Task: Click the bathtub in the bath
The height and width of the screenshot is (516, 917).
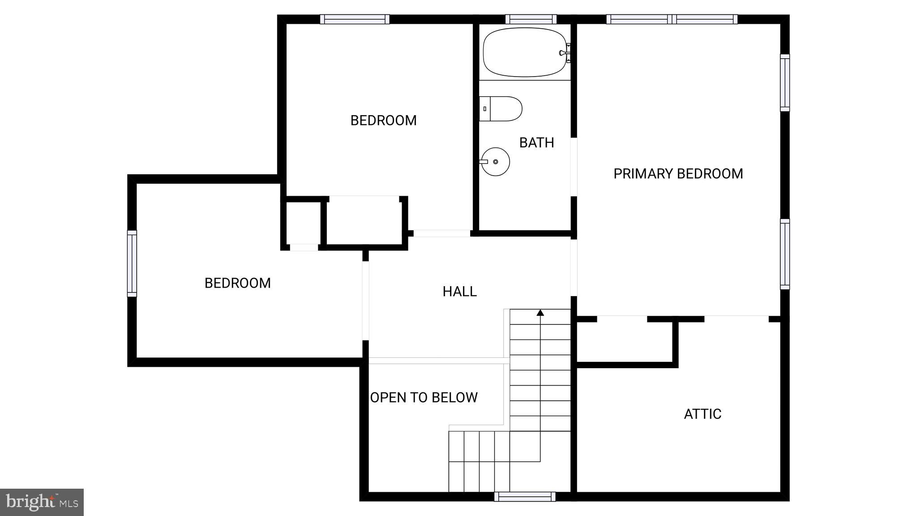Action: pos(524,52)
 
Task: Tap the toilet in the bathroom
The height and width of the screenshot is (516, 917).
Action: pos(501,109)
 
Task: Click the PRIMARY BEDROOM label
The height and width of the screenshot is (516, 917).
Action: pos(678,174)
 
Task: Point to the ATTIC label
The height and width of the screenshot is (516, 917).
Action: pos(703,414)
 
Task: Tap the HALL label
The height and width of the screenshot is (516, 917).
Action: pos(459,292)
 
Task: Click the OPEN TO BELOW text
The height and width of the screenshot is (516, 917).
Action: pos(424,397)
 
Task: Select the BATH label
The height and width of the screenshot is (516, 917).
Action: pos(536,142)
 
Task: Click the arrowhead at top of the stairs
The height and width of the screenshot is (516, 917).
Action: pos(540,313)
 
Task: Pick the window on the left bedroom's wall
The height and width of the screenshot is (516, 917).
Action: pos(132,263)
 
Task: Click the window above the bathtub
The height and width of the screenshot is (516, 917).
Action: pos(531,19)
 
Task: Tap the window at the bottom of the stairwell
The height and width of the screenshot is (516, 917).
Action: pos(525,496)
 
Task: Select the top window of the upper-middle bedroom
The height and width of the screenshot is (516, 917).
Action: pos(355,19)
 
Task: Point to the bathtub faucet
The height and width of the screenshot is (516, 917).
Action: pos(565,52)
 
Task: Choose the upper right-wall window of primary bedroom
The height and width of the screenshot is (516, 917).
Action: pos(785,83)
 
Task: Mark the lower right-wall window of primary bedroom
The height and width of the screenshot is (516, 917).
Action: pos(785,254)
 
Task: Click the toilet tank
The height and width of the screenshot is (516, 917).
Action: pos(485,109)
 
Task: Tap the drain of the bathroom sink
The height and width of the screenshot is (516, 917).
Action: pos(495,162)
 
